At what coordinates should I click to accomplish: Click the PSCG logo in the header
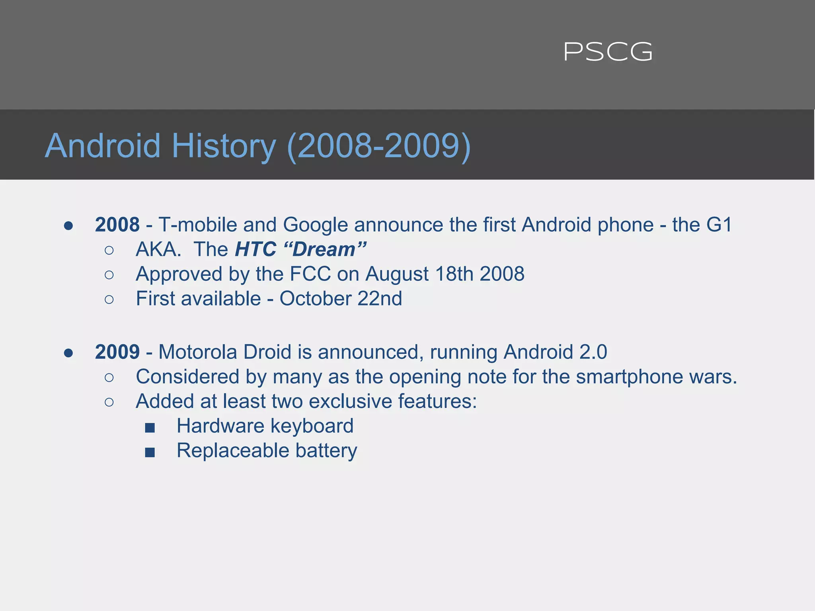tap(608, 52)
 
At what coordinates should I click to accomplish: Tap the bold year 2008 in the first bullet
tap(117, 225)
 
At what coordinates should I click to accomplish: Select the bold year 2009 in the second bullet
tap(117, 352)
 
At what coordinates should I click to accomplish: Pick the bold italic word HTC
tap(255, 250)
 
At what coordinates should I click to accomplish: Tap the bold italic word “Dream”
tap(325, 250)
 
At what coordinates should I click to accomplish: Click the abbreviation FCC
tap(310, 274)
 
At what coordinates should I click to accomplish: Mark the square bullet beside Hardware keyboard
tap(150, 428)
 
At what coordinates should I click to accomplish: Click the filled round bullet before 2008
tap(68, 226)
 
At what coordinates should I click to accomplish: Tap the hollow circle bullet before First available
tap(109, 300)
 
